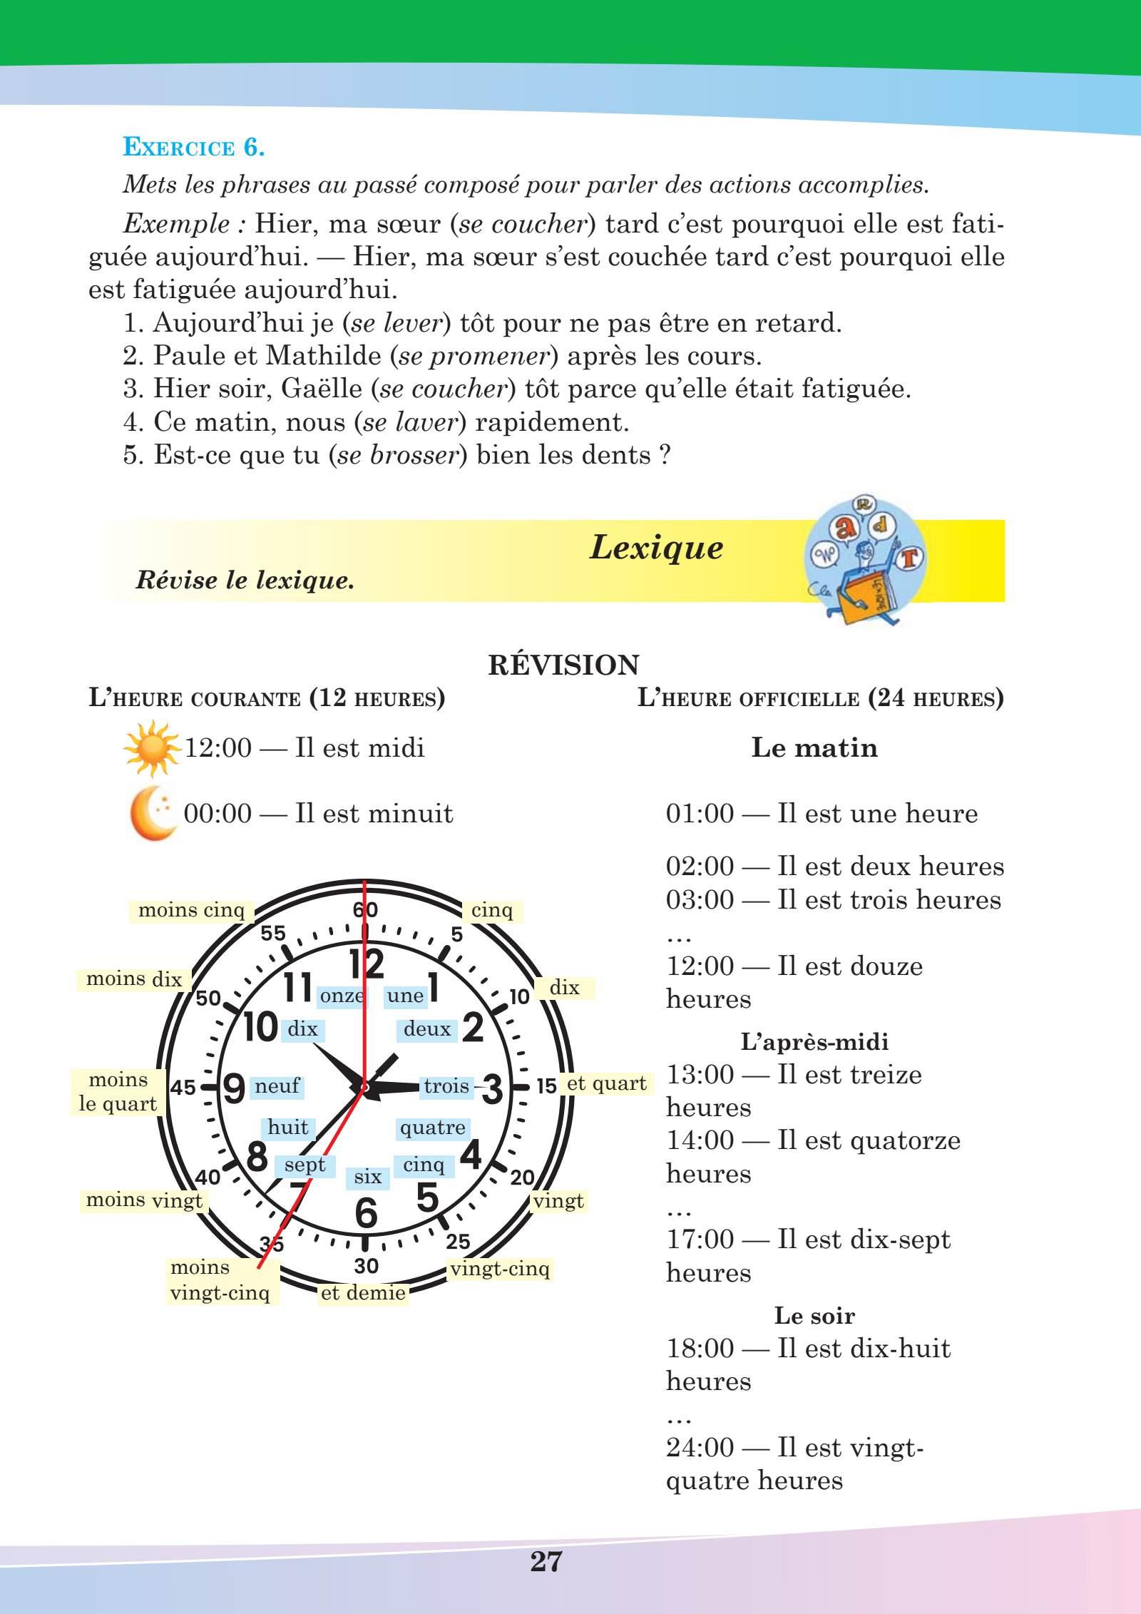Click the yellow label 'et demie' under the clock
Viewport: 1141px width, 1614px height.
363,1293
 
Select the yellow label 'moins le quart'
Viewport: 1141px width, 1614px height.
118,1092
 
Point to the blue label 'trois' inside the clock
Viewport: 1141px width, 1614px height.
446,1086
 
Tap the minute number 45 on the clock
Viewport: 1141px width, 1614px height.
183,1088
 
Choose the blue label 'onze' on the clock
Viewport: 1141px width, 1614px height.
342,996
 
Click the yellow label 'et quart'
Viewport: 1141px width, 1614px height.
606,1084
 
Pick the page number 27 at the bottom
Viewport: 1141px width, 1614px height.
546,1562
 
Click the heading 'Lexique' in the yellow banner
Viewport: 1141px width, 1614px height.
656,548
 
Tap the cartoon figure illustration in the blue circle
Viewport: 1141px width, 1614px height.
866,563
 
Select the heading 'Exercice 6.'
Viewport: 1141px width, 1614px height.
194,148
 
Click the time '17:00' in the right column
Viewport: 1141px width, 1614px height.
700,1240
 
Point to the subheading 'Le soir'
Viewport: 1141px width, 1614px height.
814,1316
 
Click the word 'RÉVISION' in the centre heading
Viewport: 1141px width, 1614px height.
563,665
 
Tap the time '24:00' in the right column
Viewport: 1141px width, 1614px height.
700,1448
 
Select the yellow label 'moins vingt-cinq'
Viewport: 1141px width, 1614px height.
220,1280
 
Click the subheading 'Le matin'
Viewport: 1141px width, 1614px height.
814,747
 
